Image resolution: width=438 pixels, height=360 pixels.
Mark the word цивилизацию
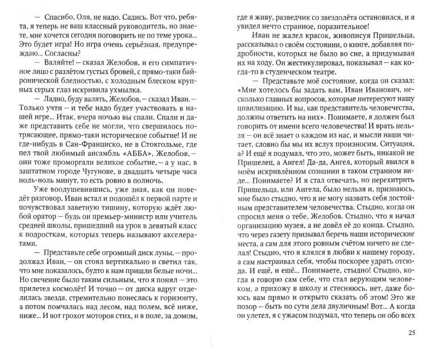tap(263, 117)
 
